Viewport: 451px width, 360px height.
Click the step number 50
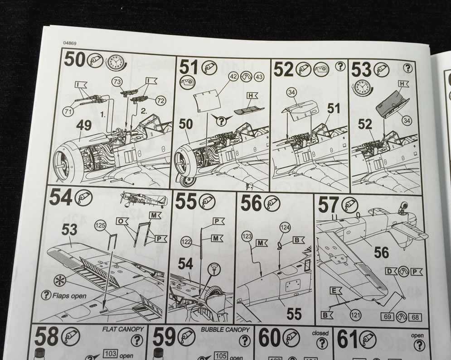point(75,59)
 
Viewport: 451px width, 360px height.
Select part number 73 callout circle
point(117,82)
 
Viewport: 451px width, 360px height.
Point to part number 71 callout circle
point(68,111)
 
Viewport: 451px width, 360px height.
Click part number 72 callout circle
point(161,101)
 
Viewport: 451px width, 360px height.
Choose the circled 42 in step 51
point(233,77)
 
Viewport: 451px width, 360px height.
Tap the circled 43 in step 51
point(259,77)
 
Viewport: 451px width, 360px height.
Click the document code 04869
point(70,43)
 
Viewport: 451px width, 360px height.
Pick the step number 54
point(60,197)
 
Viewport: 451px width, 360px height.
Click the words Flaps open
point(69,296)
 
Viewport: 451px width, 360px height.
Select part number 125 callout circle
point(100,226)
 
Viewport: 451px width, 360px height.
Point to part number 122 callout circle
point(187,242)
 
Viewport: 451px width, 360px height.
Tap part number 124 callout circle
point(285,228)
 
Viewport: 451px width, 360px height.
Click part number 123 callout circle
point(247,237)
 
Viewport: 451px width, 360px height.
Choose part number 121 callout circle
point(355,316)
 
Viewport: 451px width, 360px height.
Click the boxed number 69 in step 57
point(388,317)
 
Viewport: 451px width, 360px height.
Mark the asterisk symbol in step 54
point(60,280)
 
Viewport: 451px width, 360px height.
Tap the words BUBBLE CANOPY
point(225,330)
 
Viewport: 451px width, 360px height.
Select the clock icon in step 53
point(362,87)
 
